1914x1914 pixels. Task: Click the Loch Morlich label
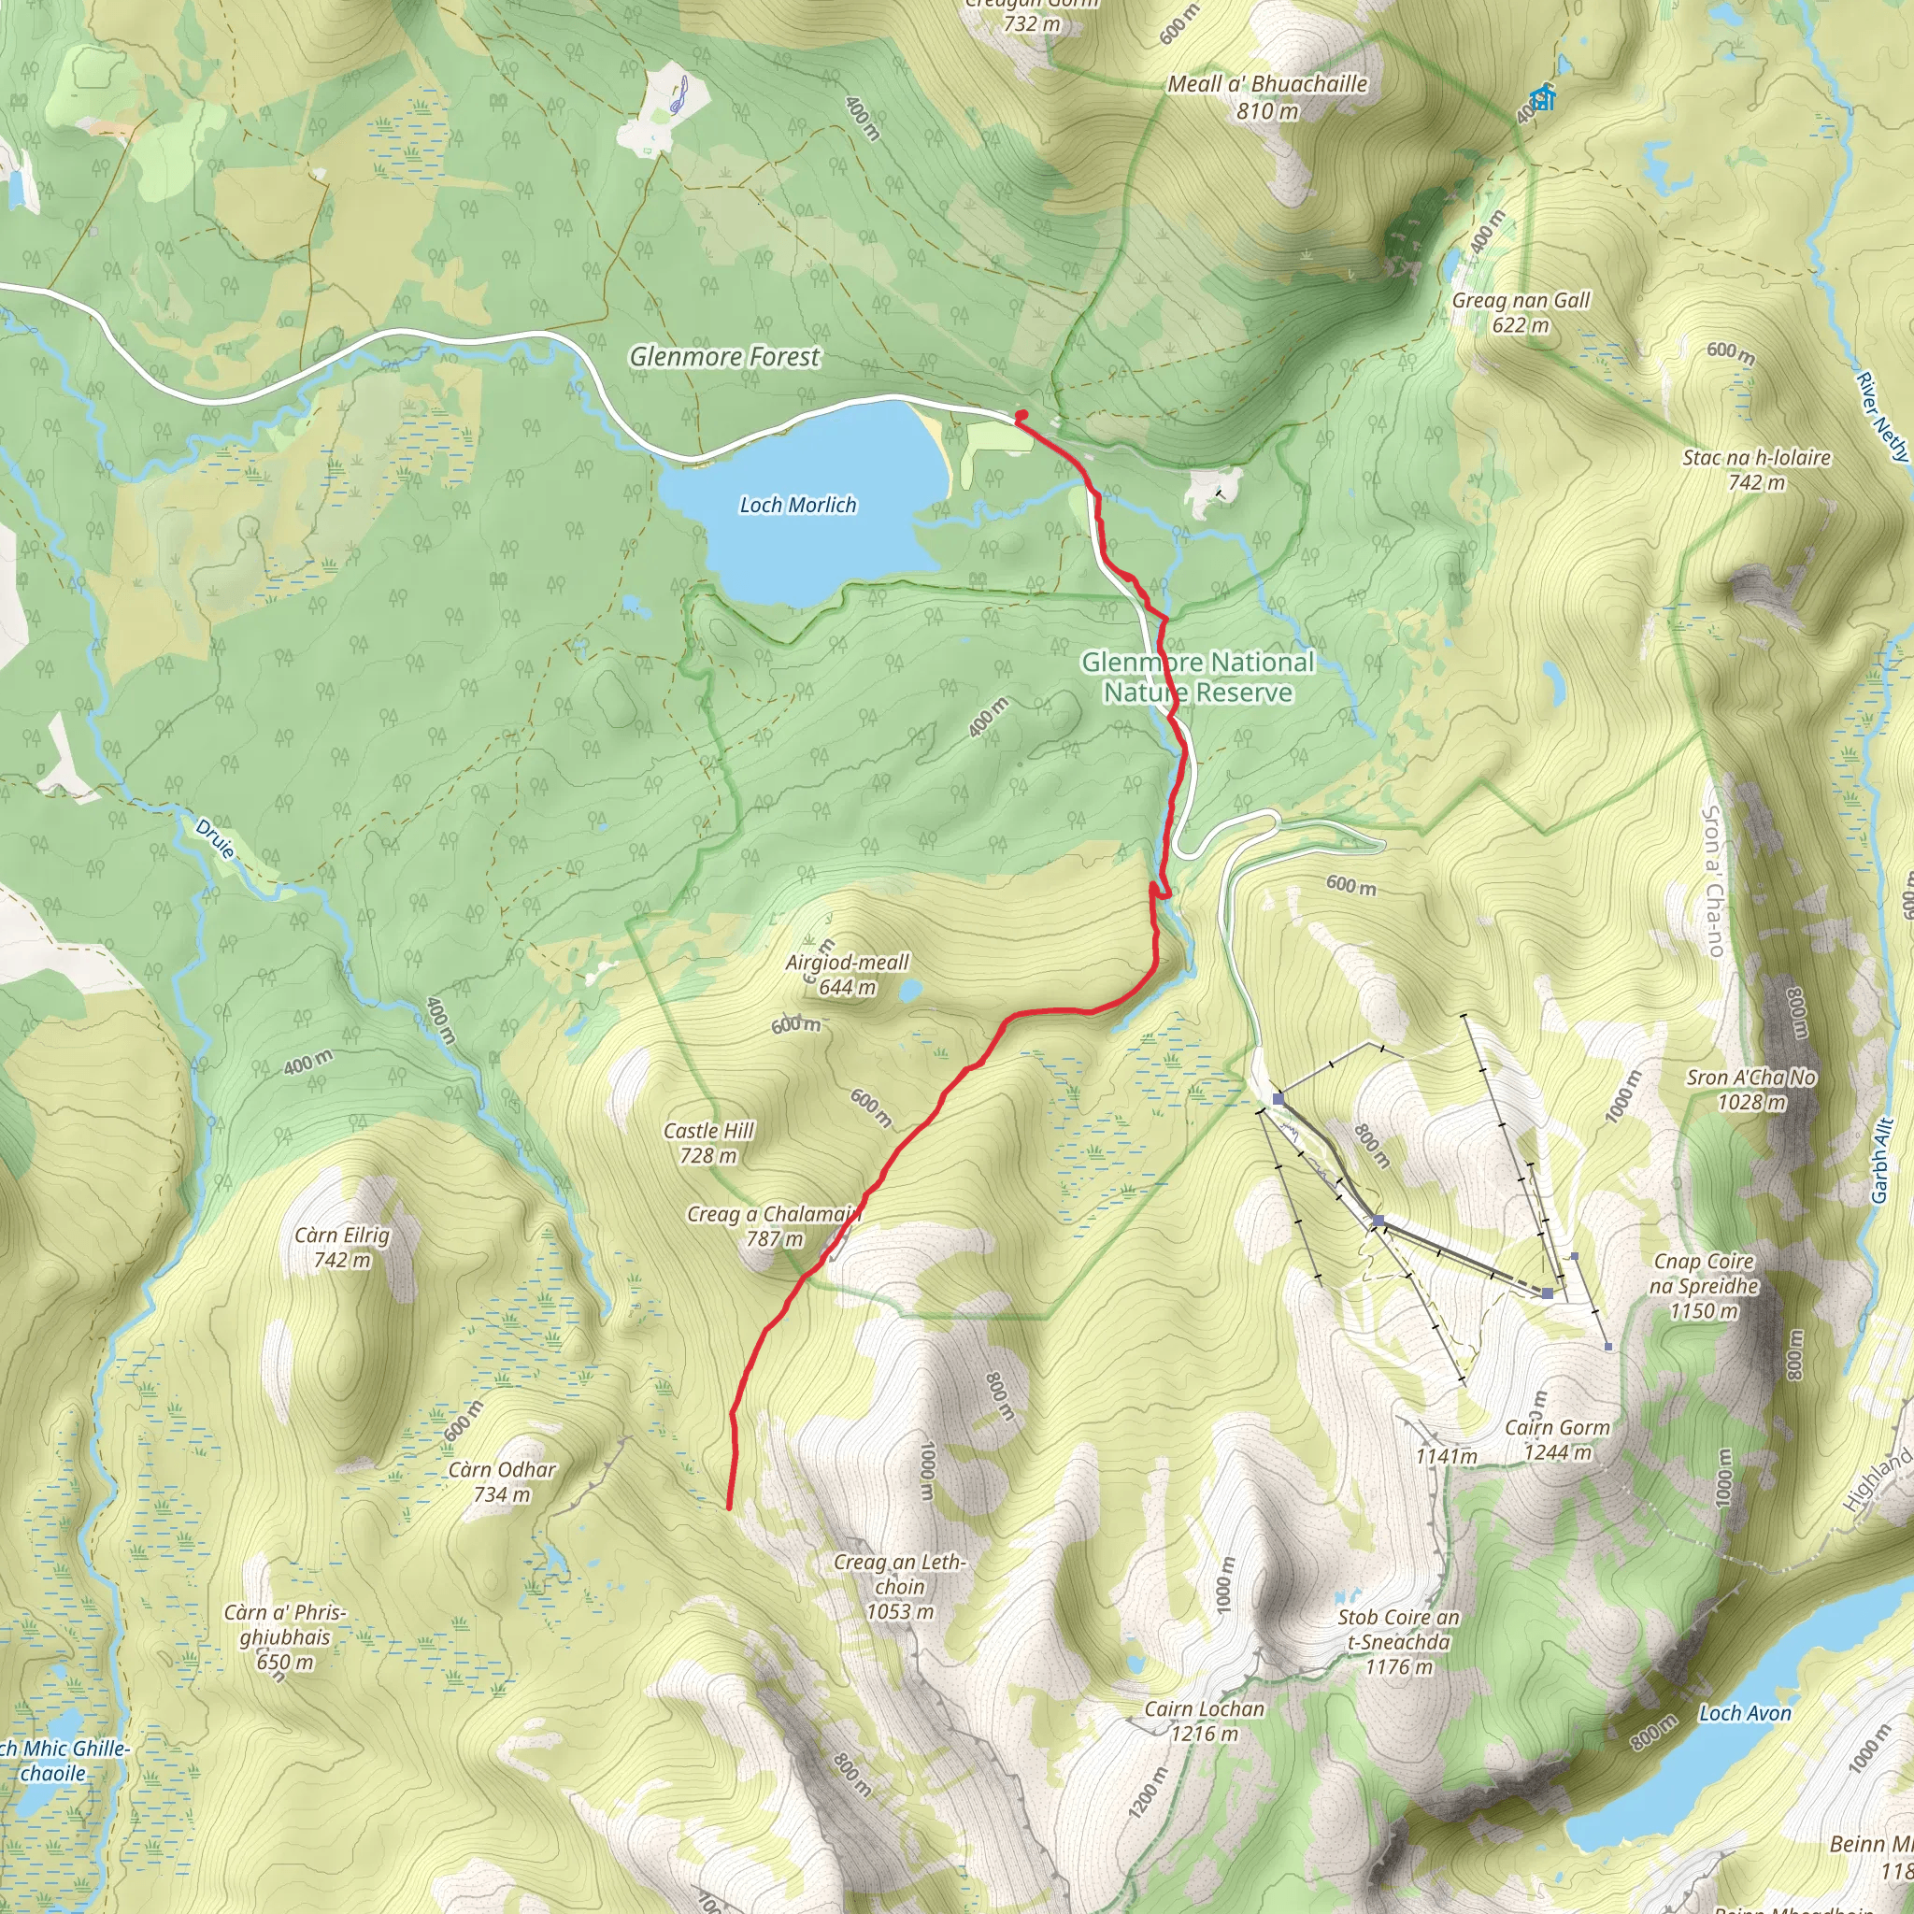point(797,506)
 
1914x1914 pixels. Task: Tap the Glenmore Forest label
point(724,357)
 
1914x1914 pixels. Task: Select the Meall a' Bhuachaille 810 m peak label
point(1267,97)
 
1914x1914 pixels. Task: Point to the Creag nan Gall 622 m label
point(1520,312)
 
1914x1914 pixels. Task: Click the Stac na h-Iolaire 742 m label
point(1756,469)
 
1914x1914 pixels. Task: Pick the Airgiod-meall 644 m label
point(847,974)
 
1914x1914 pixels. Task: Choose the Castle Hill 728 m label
point(708,1142)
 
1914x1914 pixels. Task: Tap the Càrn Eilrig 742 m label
point(342,1248)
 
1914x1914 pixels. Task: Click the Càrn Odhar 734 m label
point(502,1482)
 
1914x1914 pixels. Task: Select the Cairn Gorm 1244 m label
point(1557,1439)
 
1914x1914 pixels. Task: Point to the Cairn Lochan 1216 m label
point(1204,1721)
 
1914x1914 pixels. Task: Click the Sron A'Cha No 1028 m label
point(1751,1090)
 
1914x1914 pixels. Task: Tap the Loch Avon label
point(1745,1713)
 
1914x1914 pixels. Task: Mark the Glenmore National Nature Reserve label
point(1198,677)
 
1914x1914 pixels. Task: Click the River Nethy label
point(1882,416)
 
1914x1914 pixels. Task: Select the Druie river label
point(215,839)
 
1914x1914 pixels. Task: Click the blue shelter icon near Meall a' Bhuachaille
point(1540,98)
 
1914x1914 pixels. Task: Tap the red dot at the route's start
point(1021,416)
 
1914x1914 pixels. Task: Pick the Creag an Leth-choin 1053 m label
point(898,1586)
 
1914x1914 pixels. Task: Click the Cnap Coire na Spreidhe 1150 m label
point(1704,1286)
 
